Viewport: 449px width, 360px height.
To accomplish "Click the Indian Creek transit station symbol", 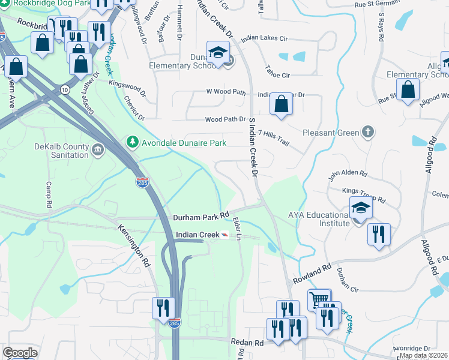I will [x=224, y=235].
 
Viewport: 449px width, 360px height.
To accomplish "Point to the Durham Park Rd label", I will [x=202, y=215].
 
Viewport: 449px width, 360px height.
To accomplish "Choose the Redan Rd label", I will [x=247, y=342].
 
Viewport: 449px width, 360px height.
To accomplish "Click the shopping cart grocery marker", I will [x=319, y=298].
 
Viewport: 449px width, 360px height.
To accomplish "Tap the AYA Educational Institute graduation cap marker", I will [x=361, y=208].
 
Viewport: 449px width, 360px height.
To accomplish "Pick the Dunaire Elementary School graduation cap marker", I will [x=218, y=52].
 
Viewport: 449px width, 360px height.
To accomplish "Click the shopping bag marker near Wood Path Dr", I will [x=281, y=104].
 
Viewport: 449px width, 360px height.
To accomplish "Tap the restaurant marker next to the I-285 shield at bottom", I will [x=163, y=308].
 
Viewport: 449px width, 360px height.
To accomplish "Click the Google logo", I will [x=20, y=353].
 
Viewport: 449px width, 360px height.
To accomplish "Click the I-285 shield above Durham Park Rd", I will [x=142, y=182].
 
